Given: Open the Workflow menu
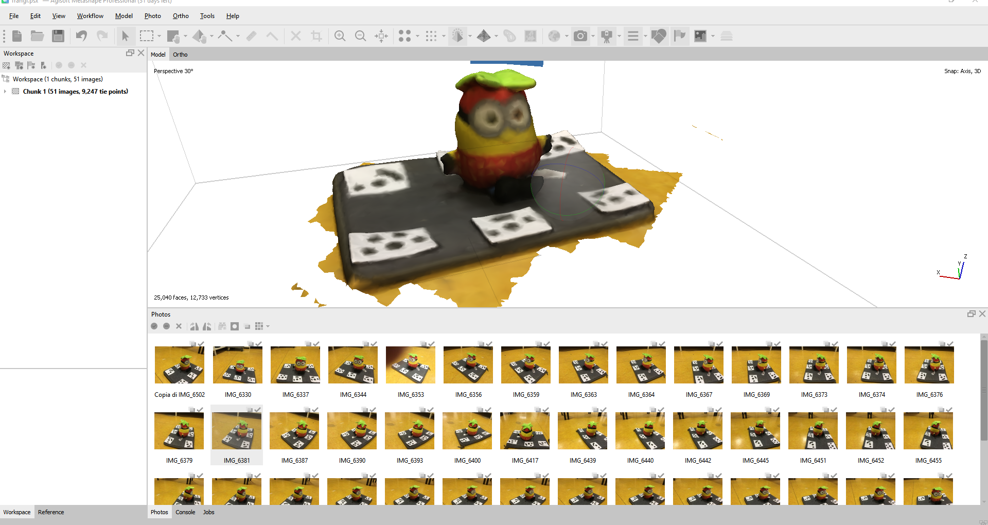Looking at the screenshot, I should [90, 16].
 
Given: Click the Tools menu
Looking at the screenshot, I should [207, 16].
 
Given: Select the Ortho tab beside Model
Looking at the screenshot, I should [180, 55].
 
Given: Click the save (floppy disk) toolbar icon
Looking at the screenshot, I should [58, 36].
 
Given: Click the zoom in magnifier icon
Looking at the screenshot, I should [340, 36].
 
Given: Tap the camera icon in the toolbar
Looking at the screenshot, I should [580, 36].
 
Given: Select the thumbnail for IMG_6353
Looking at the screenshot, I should [410, 365].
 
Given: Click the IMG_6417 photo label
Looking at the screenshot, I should [525, 461].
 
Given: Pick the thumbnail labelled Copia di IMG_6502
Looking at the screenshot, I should [180, 365].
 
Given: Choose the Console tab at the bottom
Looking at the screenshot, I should [185, 512].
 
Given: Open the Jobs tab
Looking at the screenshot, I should [208, 512].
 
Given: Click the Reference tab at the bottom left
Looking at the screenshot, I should [51, 512].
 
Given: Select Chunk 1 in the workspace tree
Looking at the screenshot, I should [75, 92].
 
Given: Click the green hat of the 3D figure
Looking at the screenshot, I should [497, 80].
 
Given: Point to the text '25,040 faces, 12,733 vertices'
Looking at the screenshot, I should [191, 297].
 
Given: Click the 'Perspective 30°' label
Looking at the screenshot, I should [173, 71].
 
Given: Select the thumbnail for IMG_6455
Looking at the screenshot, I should [928, 431].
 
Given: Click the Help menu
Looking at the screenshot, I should [233, 16].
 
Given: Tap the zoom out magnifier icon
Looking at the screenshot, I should [361, 36].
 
